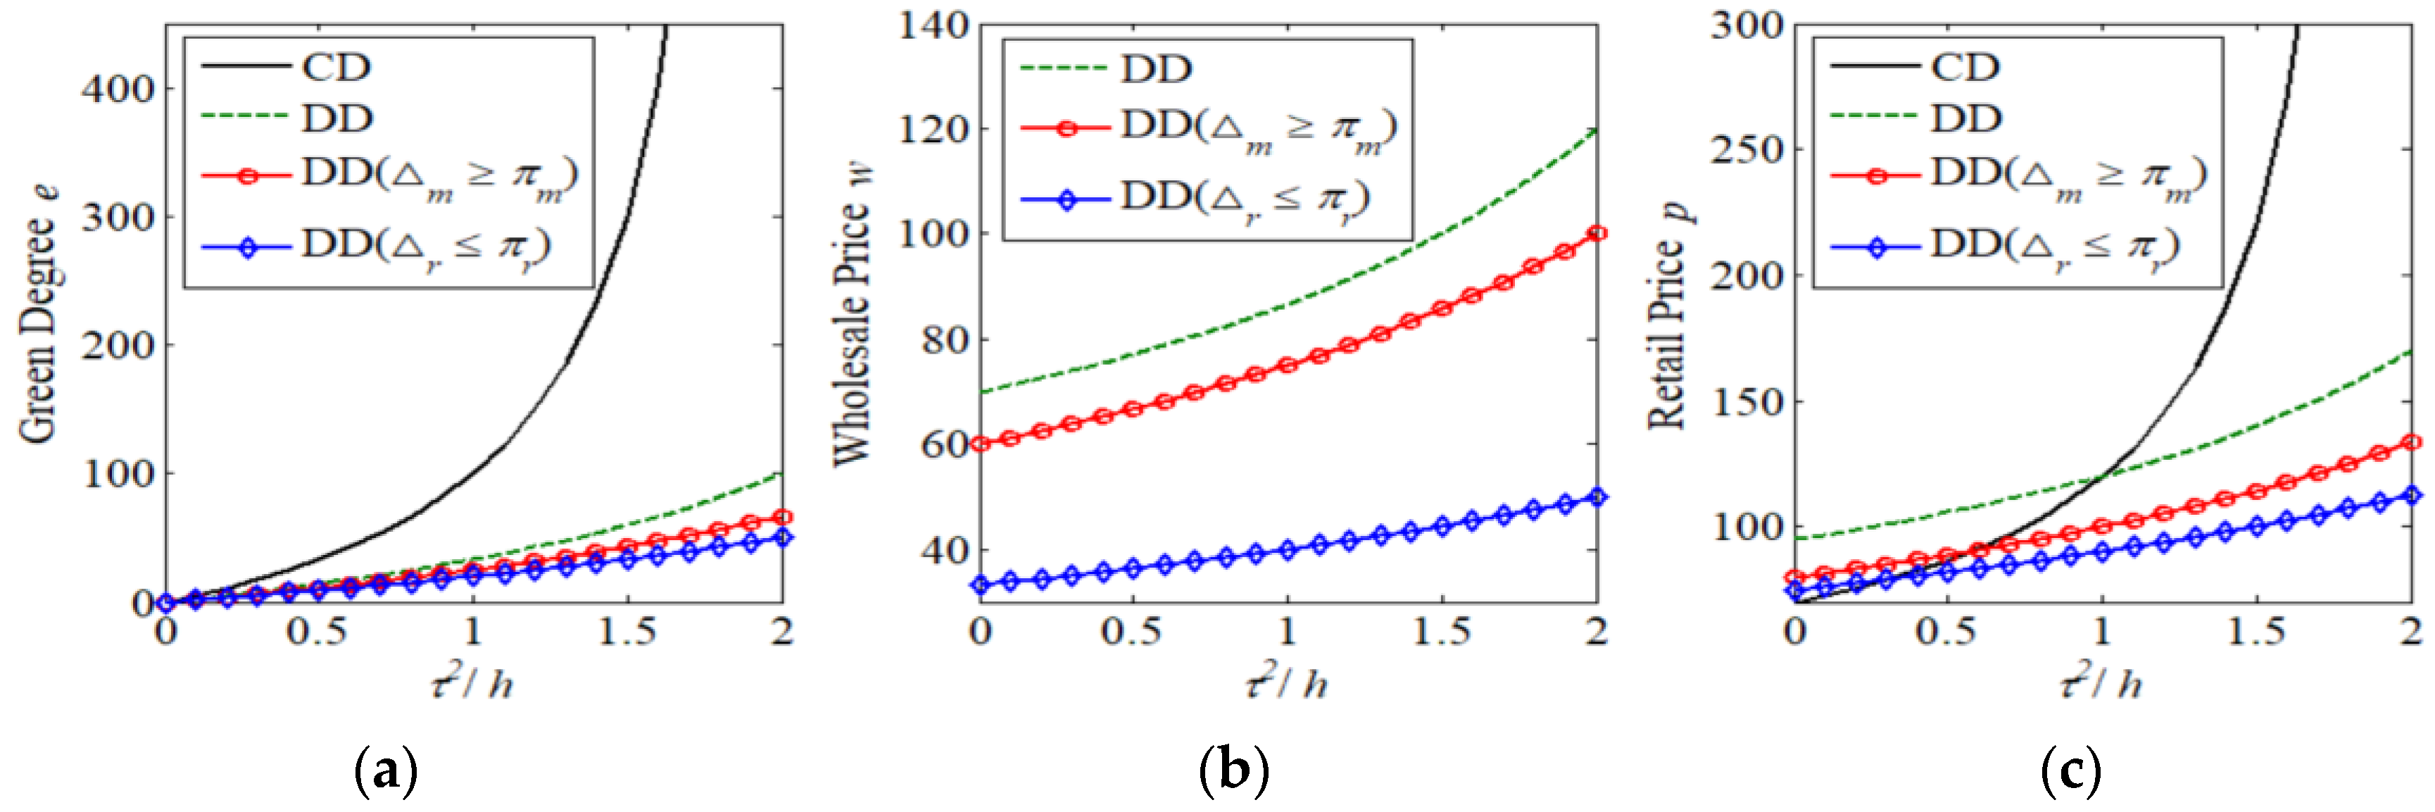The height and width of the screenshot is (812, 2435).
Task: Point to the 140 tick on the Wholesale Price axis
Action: [932, 25]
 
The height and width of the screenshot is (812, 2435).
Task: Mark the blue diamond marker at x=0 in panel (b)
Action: [980, 585]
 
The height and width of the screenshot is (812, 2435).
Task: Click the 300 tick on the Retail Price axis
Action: [1746, 25]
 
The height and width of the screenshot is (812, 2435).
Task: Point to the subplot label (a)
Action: [385, 773]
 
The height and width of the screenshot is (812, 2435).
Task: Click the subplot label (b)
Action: [1233, 773]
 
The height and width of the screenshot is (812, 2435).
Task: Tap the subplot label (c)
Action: [2070, 773]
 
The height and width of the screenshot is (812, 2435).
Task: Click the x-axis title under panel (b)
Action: [1288, 680]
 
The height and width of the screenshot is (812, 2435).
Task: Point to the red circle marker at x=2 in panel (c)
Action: [2411, 442]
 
